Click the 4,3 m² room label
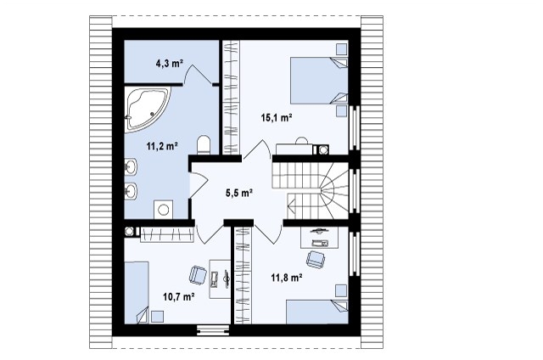click(x=169, y=64)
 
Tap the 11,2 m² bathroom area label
click(x=162, y=146)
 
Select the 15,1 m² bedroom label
click(x=277, y=118)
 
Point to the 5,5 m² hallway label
click(x=239, y=193)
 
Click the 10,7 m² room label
click(x=178, y=297)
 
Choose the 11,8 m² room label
click(x=287, y=278)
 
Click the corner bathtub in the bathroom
click(x=147, y=109)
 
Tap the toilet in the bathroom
click(x=204, y=145)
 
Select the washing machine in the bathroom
click(x=164, y=209)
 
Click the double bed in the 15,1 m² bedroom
click(x=319, y=81)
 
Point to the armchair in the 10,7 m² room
click(x=198, y=275)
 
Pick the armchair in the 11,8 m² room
click(x=316, y=259)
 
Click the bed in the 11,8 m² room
click(x=316, y=312)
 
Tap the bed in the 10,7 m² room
click(x=137, y=293)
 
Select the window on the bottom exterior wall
click(x=213, y=330)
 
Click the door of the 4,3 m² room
click(x=199, y=74)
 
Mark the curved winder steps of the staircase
click(x=333, y=190)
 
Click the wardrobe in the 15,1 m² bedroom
click(x=231, y=98)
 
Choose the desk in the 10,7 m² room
click(x=220, y=279)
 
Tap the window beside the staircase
click(x=355, y=191)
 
